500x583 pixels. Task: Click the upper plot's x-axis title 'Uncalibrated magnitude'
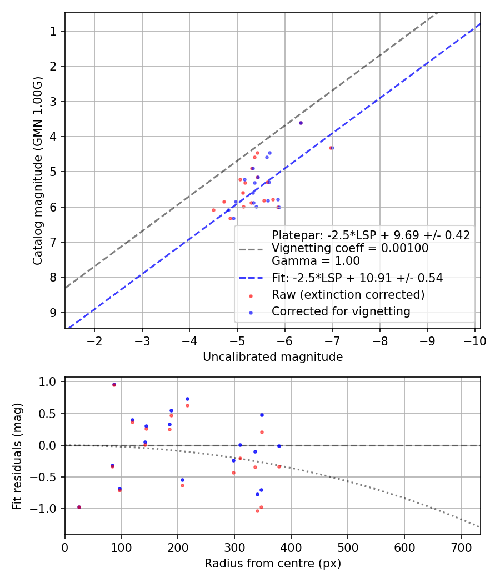272,357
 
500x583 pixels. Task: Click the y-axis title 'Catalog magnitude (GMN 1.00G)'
37,170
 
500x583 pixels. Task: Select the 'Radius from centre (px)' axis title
272,564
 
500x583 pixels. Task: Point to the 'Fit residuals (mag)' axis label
17,456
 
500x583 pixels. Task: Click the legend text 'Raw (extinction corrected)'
348,295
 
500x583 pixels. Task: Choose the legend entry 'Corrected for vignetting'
341,311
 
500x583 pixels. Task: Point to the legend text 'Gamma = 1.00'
316,261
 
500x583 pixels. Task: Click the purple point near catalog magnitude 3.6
301,123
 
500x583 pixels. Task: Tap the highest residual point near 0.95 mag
114,384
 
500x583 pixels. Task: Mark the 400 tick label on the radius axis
291,547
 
